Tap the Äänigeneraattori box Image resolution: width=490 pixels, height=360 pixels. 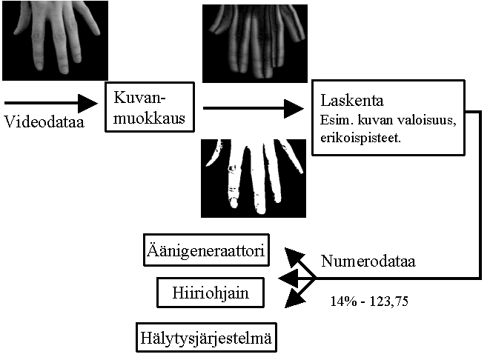point(205,253)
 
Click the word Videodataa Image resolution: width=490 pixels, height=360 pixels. point(44,121)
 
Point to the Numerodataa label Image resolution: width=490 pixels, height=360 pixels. point(368,261)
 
